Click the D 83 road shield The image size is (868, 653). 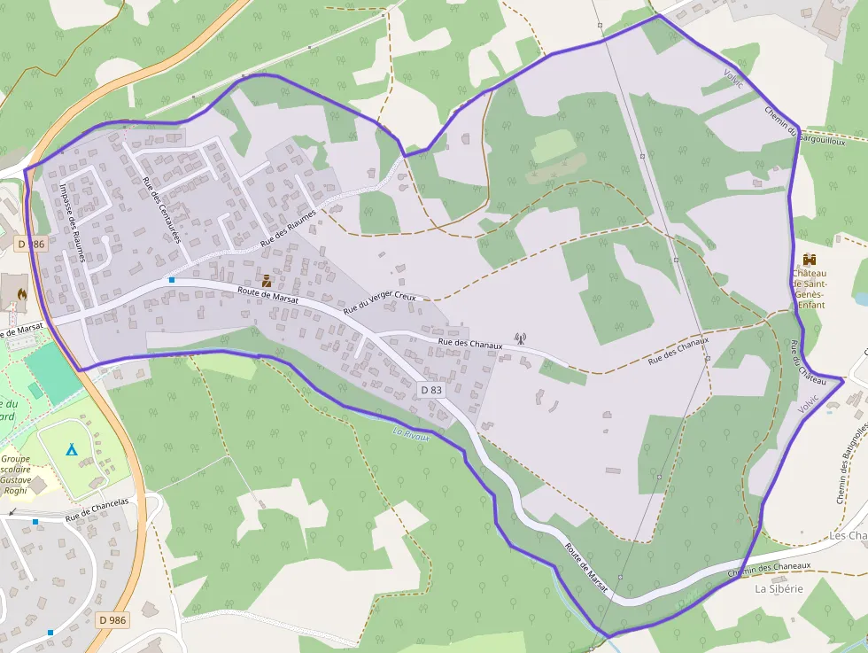[430, 390]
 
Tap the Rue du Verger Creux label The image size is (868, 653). [379, 304]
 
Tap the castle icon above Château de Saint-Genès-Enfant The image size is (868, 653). [809, 260]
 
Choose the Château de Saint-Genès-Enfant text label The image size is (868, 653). [810, 288]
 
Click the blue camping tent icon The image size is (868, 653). [72, 449]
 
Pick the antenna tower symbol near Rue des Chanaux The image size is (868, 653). [520, 338]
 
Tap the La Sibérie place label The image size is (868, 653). [779, 588]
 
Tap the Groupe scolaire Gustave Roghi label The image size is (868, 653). [17, 475]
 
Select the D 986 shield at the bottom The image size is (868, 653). [112, 620]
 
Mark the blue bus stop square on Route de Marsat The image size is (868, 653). [172, 280]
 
